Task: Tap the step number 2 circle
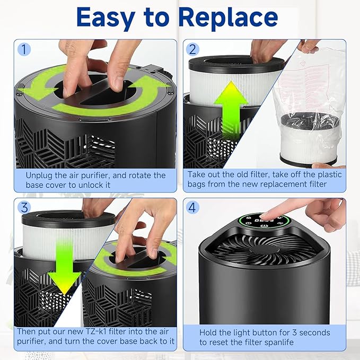point(193,50)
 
